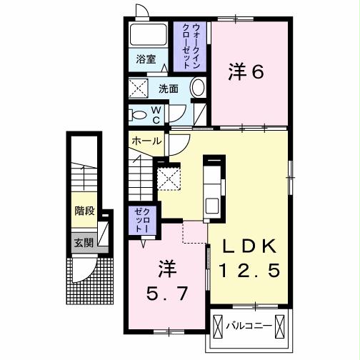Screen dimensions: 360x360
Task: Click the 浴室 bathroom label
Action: click(146, 60)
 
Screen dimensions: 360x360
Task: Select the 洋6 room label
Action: click(246, 71)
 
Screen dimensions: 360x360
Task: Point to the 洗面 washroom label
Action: click(169, 89)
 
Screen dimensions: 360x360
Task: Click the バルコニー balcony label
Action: click(248, 326)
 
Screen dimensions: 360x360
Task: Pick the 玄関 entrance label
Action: click(84, 242)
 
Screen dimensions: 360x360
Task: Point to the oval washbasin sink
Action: click(199, 89)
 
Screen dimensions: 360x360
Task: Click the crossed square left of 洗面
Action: click(138, 89)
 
